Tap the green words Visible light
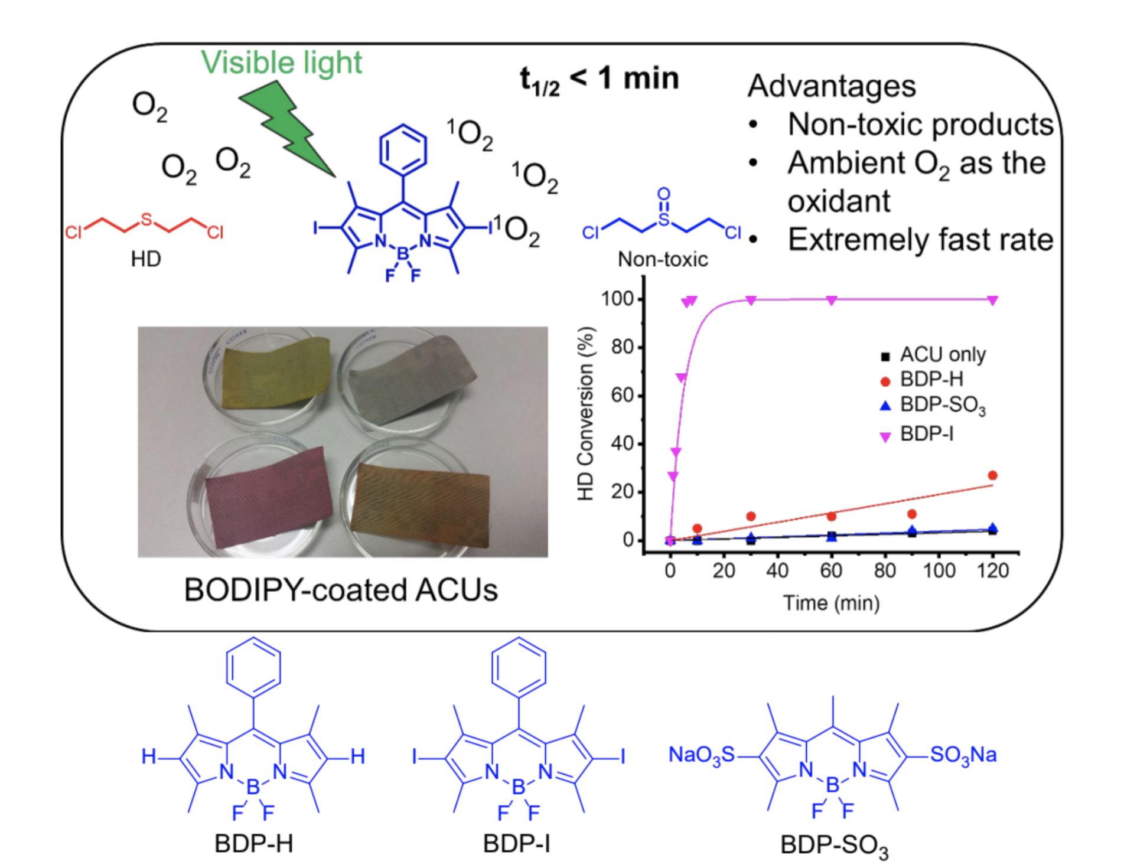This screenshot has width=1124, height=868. [x=281, y=63]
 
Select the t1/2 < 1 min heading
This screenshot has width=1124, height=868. [x=599, y=80]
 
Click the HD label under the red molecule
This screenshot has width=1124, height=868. [x=145, y=259]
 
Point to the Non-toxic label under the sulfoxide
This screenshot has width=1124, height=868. [x=663, y=259]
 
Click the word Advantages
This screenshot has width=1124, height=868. [x=831, y=86]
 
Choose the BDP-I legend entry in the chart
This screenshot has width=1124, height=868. [x=926, y=435]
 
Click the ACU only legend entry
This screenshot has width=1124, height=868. [x=942, y=355]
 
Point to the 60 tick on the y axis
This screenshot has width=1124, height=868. [x=622, y=395]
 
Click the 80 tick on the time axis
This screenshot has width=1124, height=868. [x=885, y=571]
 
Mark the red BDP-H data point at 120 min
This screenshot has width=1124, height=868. [x=992, y=475]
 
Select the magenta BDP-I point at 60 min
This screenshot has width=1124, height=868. [x=831, y=300]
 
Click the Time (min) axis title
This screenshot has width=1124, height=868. [x=831, y=603]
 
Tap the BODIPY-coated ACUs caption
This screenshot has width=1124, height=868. [x=341, y=589]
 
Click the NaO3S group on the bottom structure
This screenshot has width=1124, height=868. [x=701, y=755]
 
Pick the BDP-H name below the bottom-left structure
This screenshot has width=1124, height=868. [x=253, y=844]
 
